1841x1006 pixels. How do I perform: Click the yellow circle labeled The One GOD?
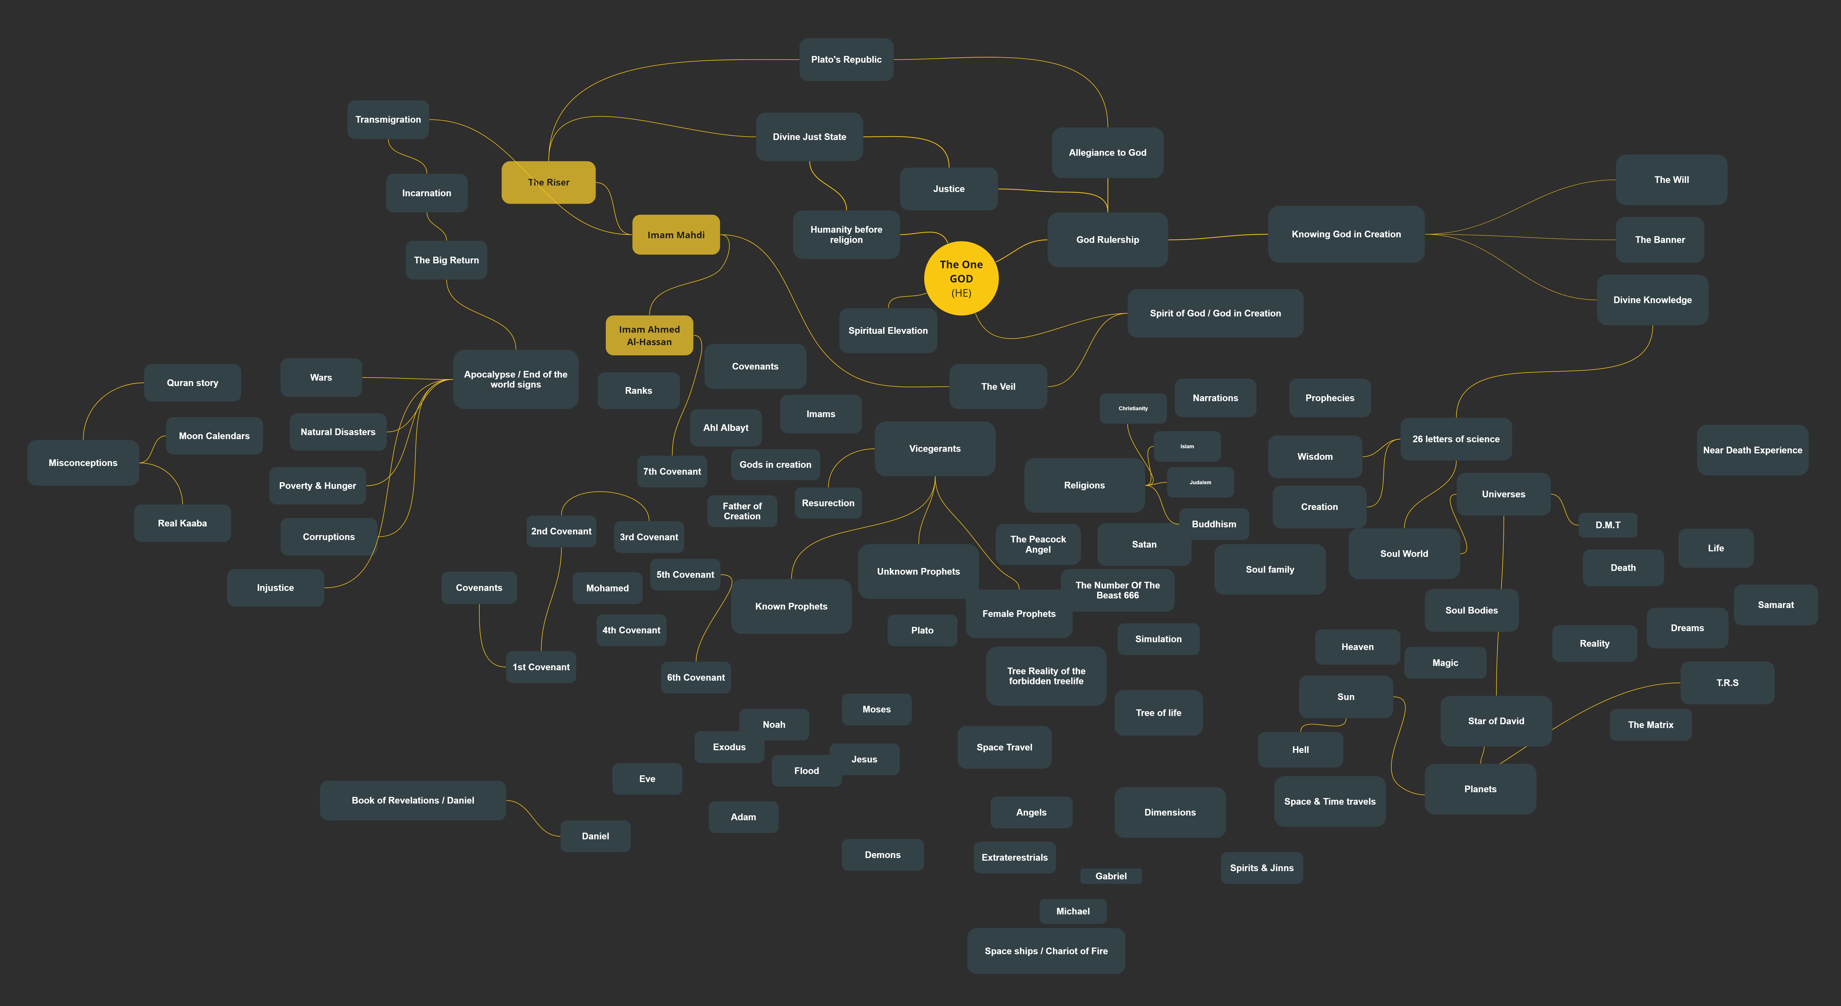click(961, 278)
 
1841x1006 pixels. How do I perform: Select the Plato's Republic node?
click(846, 59)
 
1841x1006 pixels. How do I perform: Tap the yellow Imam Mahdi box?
click(675, 234)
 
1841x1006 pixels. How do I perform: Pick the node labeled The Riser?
click(548, 182)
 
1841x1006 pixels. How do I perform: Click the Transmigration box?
click(388, 119)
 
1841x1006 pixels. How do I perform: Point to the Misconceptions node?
click(83, 463)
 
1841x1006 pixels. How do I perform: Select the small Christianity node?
click(1133, 408)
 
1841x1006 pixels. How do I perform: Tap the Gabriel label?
click(1111, 876)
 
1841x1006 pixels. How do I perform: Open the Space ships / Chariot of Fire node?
click(1046, 951)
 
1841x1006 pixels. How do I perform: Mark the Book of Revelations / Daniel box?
click(412, 800)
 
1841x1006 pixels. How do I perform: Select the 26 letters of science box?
click(1456, 439)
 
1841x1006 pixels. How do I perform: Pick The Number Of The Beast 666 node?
click(1117, 590)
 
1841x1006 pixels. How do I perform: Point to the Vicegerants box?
click(935, 448)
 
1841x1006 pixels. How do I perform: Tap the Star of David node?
click(1496, 721)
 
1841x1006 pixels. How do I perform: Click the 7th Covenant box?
click(672, 471)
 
